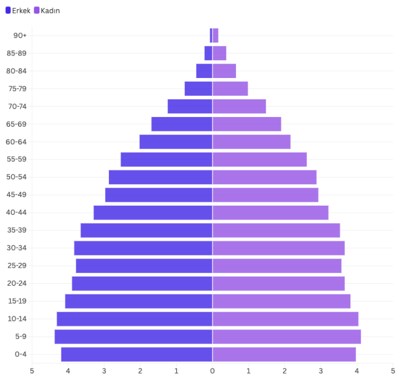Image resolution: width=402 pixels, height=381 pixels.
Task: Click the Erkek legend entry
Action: (18, 10)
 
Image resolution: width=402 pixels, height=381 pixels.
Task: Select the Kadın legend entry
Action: (47, 10)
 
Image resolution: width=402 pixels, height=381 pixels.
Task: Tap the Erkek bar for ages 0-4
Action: (137, 354)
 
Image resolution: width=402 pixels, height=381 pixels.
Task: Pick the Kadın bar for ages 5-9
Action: (287, 337)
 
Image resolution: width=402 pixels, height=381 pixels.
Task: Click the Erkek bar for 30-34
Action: (143, 248)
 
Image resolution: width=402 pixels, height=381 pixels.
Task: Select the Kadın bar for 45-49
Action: (265, 195)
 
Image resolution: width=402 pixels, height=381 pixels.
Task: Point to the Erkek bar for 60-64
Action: (176, 142)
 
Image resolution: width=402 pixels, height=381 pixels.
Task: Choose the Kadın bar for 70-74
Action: (239, 106)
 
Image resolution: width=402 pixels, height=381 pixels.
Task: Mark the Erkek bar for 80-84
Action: (204, 71)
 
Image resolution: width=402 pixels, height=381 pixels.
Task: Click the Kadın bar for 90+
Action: (216, 35)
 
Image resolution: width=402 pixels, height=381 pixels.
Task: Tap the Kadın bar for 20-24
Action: (279, 283)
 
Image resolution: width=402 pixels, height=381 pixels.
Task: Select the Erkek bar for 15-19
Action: (139, 301)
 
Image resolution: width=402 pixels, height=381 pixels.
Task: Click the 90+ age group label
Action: (20, 35)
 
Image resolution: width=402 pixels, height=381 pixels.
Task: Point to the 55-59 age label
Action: (17, 159)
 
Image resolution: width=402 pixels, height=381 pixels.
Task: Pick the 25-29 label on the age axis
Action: (17, 266)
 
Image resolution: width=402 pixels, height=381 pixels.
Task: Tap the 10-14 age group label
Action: (17, 319)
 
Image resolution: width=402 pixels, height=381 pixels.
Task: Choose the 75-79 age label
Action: (17, 89)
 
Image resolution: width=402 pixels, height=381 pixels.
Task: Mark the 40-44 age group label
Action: (17, 213)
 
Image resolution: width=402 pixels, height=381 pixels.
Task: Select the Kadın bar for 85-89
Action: (219, 53)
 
